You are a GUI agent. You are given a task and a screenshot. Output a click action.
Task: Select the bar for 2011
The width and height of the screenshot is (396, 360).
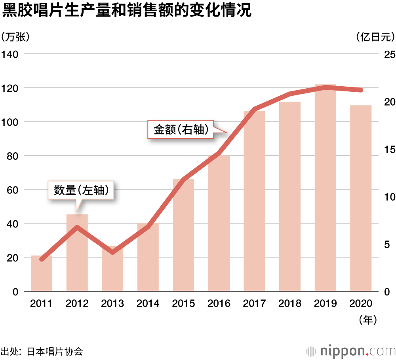[x=42, y=273]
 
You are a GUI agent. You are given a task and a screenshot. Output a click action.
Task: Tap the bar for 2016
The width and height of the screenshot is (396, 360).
[x=219, y=224]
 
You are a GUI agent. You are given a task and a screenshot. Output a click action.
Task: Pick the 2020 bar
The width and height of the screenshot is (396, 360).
[x=361, y=198]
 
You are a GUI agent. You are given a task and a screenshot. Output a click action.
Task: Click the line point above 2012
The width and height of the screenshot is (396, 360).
[x=77, y=227]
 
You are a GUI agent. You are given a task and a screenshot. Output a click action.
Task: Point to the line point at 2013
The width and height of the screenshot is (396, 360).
[x=112, y=252]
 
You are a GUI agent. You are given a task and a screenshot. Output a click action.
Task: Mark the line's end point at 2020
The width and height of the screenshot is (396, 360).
[x=361, y=90]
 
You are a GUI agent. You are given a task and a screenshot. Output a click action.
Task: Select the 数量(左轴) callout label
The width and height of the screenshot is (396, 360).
[x=82, y=191]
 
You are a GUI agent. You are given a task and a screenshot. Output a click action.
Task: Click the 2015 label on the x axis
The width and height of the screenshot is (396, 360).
[x=183, y=303]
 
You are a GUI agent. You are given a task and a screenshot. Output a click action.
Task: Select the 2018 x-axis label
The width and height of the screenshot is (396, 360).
[x=290, y=303]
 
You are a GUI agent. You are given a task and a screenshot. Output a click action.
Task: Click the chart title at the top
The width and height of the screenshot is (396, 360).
[x=127, y=11]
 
